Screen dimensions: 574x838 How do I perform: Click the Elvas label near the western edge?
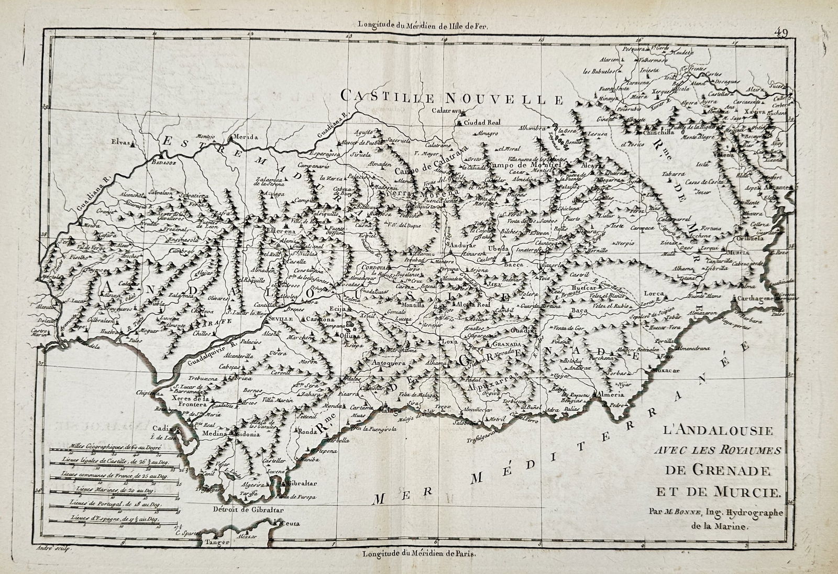(122, 141)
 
